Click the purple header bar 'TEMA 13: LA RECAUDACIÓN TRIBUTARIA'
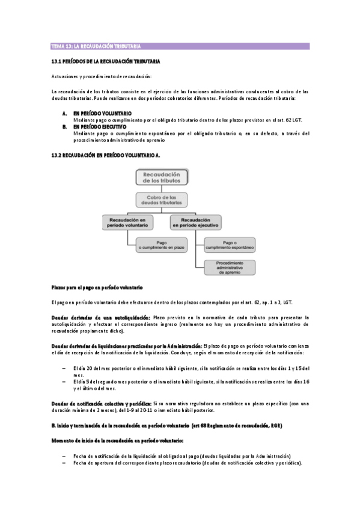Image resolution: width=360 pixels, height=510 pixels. (x=180, y=46)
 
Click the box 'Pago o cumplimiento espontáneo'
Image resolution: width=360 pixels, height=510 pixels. (x=230, y=245)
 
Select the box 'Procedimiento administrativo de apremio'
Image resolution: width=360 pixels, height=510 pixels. (x=230, y=267)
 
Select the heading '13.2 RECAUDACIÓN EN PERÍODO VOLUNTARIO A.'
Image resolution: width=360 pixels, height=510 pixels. (x=106, y=155)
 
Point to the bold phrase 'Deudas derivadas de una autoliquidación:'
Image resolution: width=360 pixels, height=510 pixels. (x=100, y=317)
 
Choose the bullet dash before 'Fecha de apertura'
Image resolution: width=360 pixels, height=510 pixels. (x=64, y=463)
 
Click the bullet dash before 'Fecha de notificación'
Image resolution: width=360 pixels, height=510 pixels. (x=64, y=456)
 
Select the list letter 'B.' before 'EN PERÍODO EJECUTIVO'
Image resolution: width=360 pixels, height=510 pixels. (x=64, y=127)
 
